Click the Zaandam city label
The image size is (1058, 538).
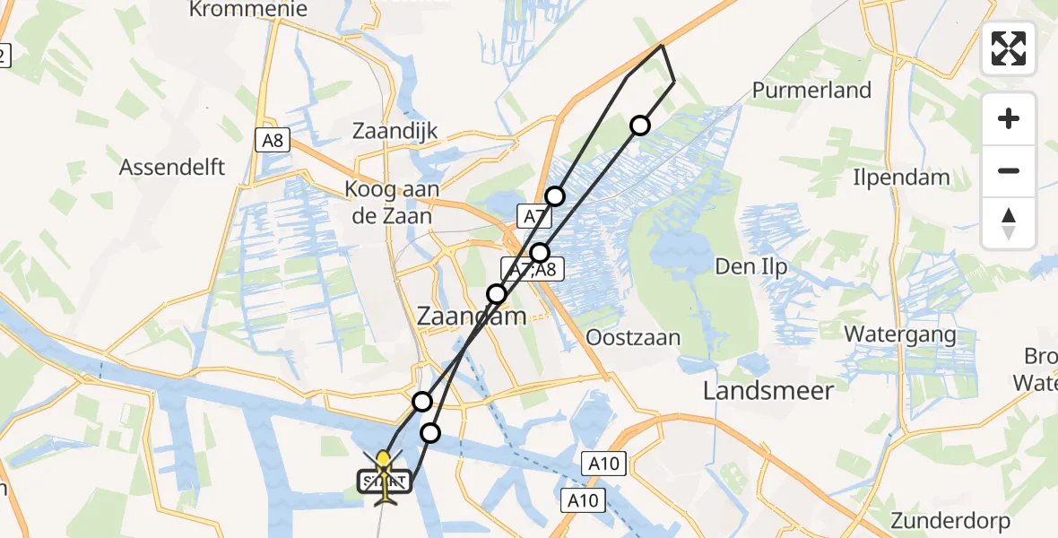[x=472, y=317]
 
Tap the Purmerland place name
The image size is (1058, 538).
[x=811, y=90]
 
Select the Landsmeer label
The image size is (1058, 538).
[x=768, y=390]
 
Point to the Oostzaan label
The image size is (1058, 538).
[x=632, y=338]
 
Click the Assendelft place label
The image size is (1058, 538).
[x=172, y=167]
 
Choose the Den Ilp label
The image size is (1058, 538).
[x=750, y=266]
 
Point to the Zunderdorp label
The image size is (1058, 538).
[x=950, y=520]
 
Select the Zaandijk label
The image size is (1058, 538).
[x=395, y=131]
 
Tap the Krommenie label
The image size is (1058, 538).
[x=248, y=10]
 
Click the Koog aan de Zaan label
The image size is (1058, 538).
[x=389, y=203]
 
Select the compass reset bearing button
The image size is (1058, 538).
[x=1009, y=223]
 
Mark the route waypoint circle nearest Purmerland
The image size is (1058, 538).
[x=639, y=126]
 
